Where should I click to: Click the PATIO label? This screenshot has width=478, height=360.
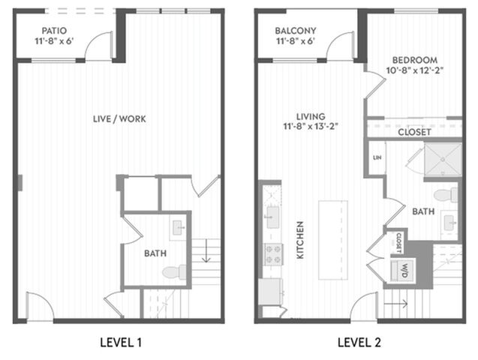tap(54, 31)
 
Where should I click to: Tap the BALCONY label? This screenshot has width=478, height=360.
tap(296, 31)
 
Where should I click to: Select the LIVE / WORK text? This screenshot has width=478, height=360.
tap(119, 118)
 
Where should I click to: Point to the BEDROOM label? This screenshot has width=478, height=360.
tap(414, 60)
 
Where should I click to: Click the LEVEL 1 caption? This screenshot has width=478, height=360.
tap(121, 343)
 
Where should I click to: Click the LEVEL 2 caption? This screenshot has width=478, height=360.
tap(359, 343)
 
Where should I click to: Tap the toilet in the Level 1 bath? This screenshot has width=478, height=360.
tap(174, 271)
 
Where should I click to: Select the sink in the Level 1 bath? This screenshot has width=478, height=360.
tap(177, 228)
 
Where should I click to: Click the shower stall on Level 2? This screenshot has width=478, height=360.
tap(443, 159)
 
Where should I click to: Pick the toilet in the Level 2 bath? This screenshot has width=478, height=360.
tap(446, 195)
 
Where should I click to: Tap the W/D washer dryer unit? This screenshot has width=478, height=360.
tap(403, 270)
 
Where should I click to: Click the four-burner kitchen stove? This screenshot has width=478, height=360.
tap(273, 254)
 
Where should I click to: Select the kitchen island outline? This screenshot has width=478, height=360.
tap(333, 240)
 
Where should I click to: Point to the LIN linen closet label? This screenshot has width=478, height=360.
tap(377, 157)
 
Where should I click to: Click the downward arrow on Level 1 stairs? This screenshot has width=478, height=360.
tap(206, 250)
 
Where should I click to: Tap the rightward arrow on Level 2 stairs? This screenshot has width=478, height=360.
tap(395, 303)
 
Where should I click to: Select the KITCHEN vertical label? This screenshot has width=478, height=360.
tap(300, 240)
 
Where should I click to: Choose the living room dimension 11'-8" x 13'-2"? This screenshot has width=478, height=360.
tap(311, 126)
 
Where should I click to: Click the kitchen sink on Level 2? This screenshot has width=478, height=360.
tap(273, 217)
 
